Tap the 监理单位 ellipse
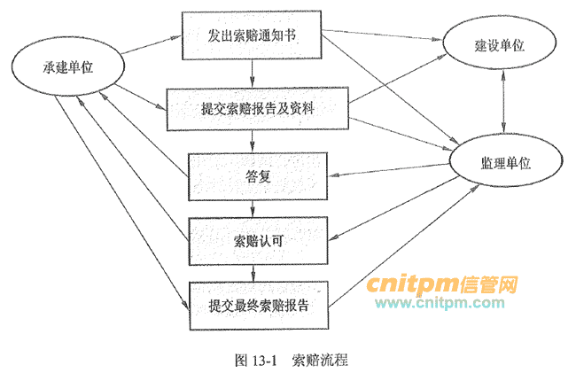505,164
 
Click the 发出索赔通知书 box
250,35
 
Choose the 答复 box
257,175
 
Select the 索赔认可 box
258,239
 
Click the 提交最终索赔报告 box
258,305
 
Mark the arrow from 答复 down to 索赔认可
254,207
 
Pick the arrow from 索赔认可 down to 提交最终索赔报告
254,272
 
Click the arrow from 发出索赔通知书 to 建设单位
381,39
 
